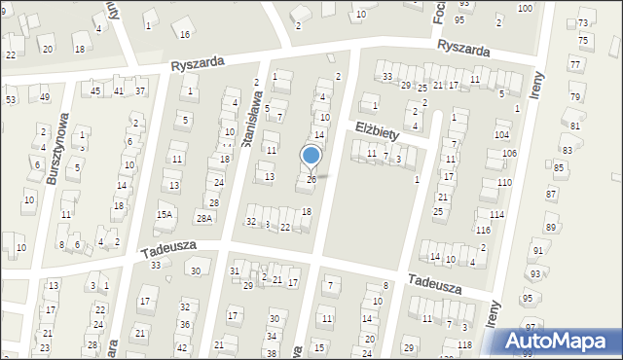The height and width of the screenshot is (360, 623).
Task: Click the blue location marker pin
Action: (x=311, y=157)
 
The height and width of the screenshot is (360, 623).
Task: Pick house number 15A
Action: (x=165, y=214)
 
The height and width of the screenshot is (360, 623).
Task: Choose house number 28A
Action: (x=203, y=219)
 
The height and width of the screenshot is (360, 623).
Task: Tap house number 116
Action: (x=484, y=230)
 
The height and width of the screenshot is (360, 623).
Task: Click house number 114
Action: (x=496, y=214)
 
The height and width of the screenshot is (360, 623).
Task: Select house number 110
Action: (x=504, y=183)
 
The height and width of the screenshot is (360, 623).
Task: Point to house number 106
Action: (x=509, y=154)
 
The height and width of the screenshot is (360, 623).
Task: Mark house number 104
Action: (x=501, y=134)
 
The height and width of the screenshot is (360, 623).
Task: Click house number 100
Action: (x=525, y=8)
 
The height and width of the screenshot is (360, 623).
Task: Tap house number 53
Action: (x=11, y=99)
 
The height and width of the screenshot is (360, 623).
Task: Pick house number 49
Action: (x=45, y=96)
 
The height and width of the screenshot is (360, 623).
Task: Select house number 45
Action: (x=95, y=90)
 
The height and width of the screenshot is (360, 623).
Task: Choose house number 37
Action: (x=140, y=90)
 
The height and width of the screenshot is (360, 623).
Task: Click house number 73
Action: (x=583, y=22)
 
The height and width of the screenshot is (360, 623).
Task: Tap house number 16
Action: (x=185, y=34)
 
